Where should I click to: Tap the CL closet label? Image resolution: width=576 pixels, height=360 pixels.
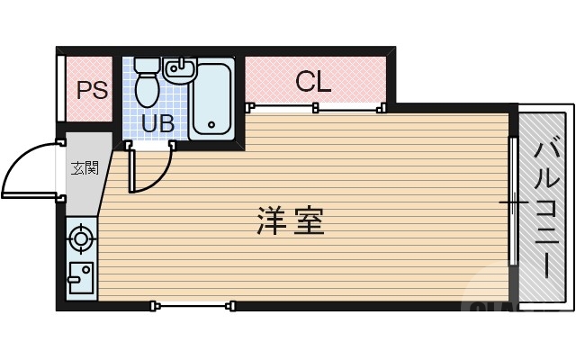coord(313,82)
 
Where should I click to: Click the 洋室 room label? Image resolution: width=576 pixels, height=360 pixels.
coord(290,220)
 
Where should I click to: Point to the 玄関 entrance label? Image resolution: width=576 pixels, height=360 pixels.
coord(85,168)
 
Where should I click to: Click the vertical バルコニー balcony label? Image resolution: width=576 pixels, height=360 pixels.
coord(545,206)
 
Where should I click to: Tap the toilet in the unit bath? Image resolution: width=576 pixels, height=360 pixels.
coord(148,88)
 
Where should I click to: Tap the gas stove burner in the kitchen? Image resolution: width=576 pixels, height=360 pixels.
coord(81,239)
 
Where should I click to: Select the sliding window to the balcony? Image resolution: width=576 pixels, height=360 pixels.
coord(513,202)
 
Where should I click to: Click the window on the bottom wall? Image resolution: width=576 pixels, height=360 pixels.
coord(194,306)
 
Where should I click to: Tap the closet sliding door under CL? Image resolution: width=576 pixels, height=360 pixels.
coord(315,108)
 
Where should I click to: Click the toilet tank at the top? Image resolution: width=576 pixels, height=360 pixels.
coord(148,65)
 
